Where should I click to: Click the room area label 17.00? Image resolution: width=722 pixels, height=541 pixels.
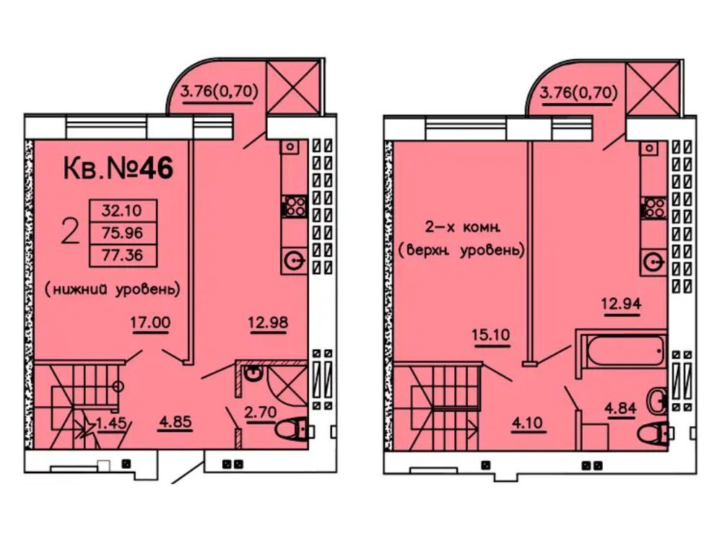[x=150, y=323]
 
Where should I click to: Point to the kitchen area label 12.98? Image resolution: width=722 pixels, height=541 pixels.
[x=268, y=322]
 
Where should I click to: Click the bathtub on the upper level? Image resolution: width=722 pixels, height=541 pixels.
[x=622, y=354]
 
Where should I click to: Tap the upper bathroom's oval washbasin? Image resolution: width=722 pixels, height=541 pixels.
[x=656, y=400]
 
